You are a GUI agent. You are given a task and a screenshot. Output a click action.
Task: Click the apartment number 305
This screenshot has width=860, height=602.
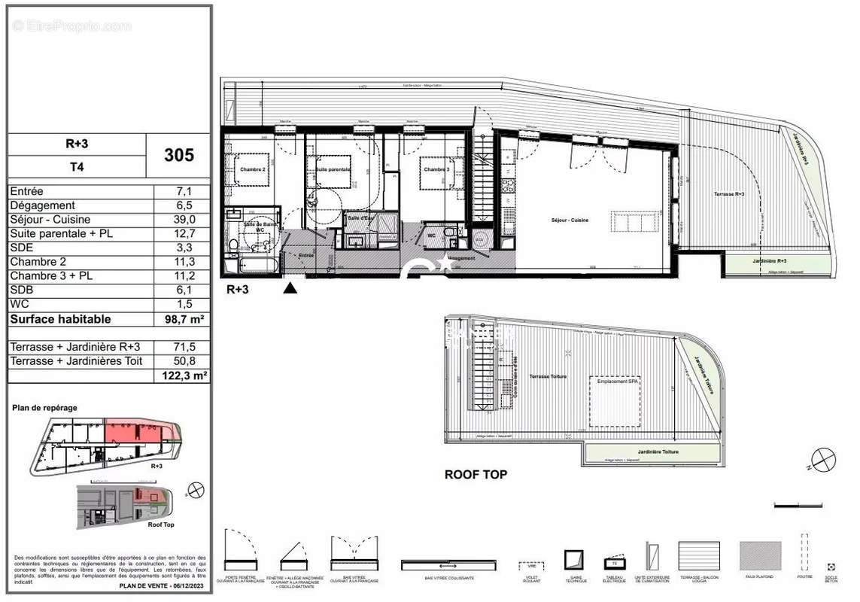[x=179, y=155]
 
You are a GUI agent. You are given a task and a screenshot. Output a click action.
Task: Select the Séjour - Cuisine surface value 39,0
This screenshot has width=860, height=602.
[x=185, y=219]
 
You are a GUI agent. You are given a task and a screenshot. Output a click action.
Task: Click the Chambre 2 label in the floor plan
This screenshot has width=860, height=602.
[x=254, y=169]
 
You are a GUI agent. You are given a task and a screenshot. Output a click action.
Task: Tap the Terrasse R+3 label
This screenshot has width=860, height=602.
[x=729, y=194]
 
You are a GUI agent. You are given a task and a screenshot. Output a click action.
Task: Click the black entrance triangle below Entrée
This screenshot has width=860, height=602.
[x=290, y=287]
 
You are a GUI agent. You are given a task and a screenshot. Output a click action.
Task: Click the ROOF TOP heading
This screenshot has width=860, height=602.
[x=476, y=475]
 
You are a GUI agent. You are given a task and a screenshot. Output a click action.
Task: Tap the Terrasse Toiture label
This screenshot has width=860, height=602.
[x=547, y=376]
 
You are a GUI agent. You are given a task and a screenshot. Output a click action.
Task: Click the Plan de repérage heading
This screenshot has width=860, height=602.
[x=44, y=407]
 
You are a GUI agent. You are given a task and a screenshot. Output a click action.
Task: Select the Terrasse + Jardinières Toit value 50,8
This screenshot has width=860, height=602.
[x=185, y=361]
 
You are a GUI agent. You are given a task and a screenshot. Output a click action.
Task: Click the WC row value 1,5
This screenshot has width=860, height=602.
[x=185, y=305]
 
